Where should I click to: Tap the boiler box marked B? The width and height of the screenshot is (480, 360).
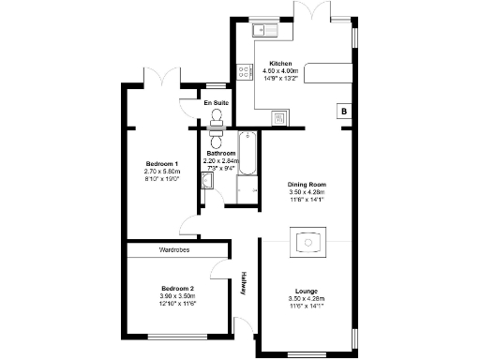(345, 112)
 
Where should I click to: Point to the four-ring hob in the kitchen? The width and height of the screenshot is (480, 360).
(245, 70)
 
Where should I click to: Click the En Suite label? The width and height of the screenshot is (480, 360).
(217, 102)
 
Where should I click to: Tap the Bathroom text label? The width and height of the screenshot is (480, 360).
(221, 153)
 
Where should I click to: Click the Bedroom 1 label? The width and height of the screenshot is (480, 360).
(162, 164)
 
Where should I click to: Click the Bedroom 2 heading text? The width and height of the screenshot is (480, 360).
(177, 288)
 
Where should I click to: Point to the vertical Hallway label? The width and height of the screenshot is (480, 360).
(244, 283)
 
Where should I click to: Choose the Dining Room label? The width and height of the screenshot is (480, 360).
(307, 185)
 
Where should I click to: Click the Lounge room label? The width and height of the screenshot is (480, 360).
(307, 291)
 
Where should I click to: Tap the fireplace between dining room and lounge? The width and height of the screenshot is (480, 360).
(307, 243)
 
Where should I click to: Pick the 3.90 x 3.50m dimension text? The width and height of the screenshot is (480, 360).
(177, 296)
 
